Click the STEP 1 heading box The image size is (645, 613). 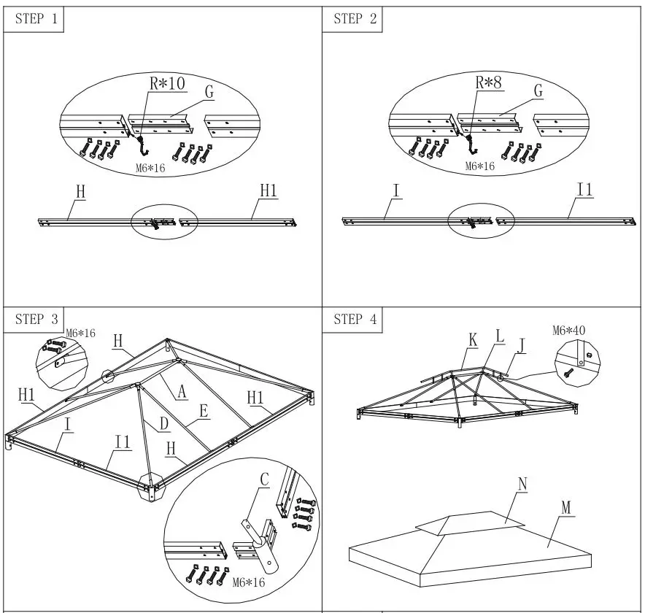34,20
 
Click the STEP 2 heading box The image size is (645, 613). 355,20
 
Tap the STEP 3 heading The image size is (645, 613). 34,319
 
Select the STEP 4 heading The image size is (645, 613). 355,319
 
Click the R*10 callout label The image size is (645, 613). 167,84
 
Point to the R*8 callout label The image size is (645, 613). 490,82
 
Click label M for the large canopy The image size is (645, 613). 566,506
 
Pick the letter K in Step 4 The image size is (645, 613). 473,340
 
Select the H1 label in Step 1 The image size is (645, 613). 269,190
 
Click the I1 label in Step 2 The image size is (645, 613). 584,190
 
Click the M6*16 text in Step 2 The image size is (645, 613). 480,166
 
